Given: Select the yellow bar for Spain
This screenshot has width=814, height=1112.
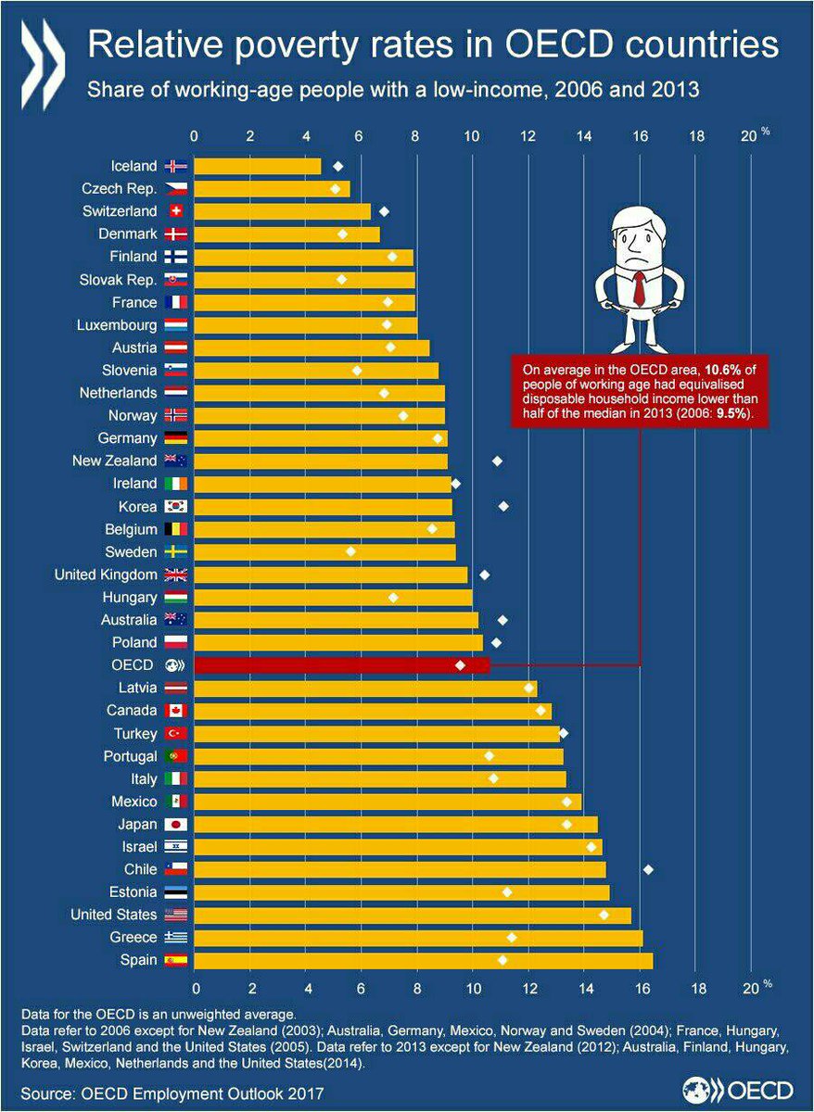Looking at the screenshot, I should pyautogui.click(x=423, y=960).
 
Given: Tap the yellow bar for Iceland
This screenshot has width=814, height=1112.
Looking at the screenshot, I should pyautogui.click(x=257, y=166).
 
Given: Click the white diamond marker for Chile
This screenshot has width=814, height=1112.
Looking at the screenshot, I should pyautogui.click(x=648, y=869).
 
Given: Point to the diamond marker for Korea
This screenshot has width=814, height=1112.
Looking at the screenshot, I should pyautogui.click(x=503, y=506).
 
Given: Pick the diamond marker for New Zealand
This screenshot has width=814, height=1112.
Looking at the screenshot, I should pyautogui.click(x=497, y=461).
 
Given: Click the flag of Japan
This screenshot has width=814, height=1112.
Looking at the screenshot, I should pyautogui.click(x=175, y=824).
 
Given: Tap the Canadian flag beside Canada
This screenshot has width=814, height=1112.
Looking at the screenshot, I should pyautogui.click(x=175, y=711).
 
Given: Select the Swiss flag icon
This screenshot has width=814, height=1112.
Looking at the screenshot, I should pyautogui.click(x=175, y=211).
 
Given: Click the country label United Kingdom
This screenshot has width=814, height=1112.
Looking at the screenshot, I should pyautogui.click(x=107, y=575).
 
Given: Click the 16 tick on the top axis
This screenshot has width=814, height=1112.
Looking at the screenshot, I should pyautogui.click(x=640, y=136).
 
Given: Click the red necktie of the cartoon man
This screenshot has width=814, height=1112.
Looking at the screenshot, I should pyautogui.click(x=639, y=287).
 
